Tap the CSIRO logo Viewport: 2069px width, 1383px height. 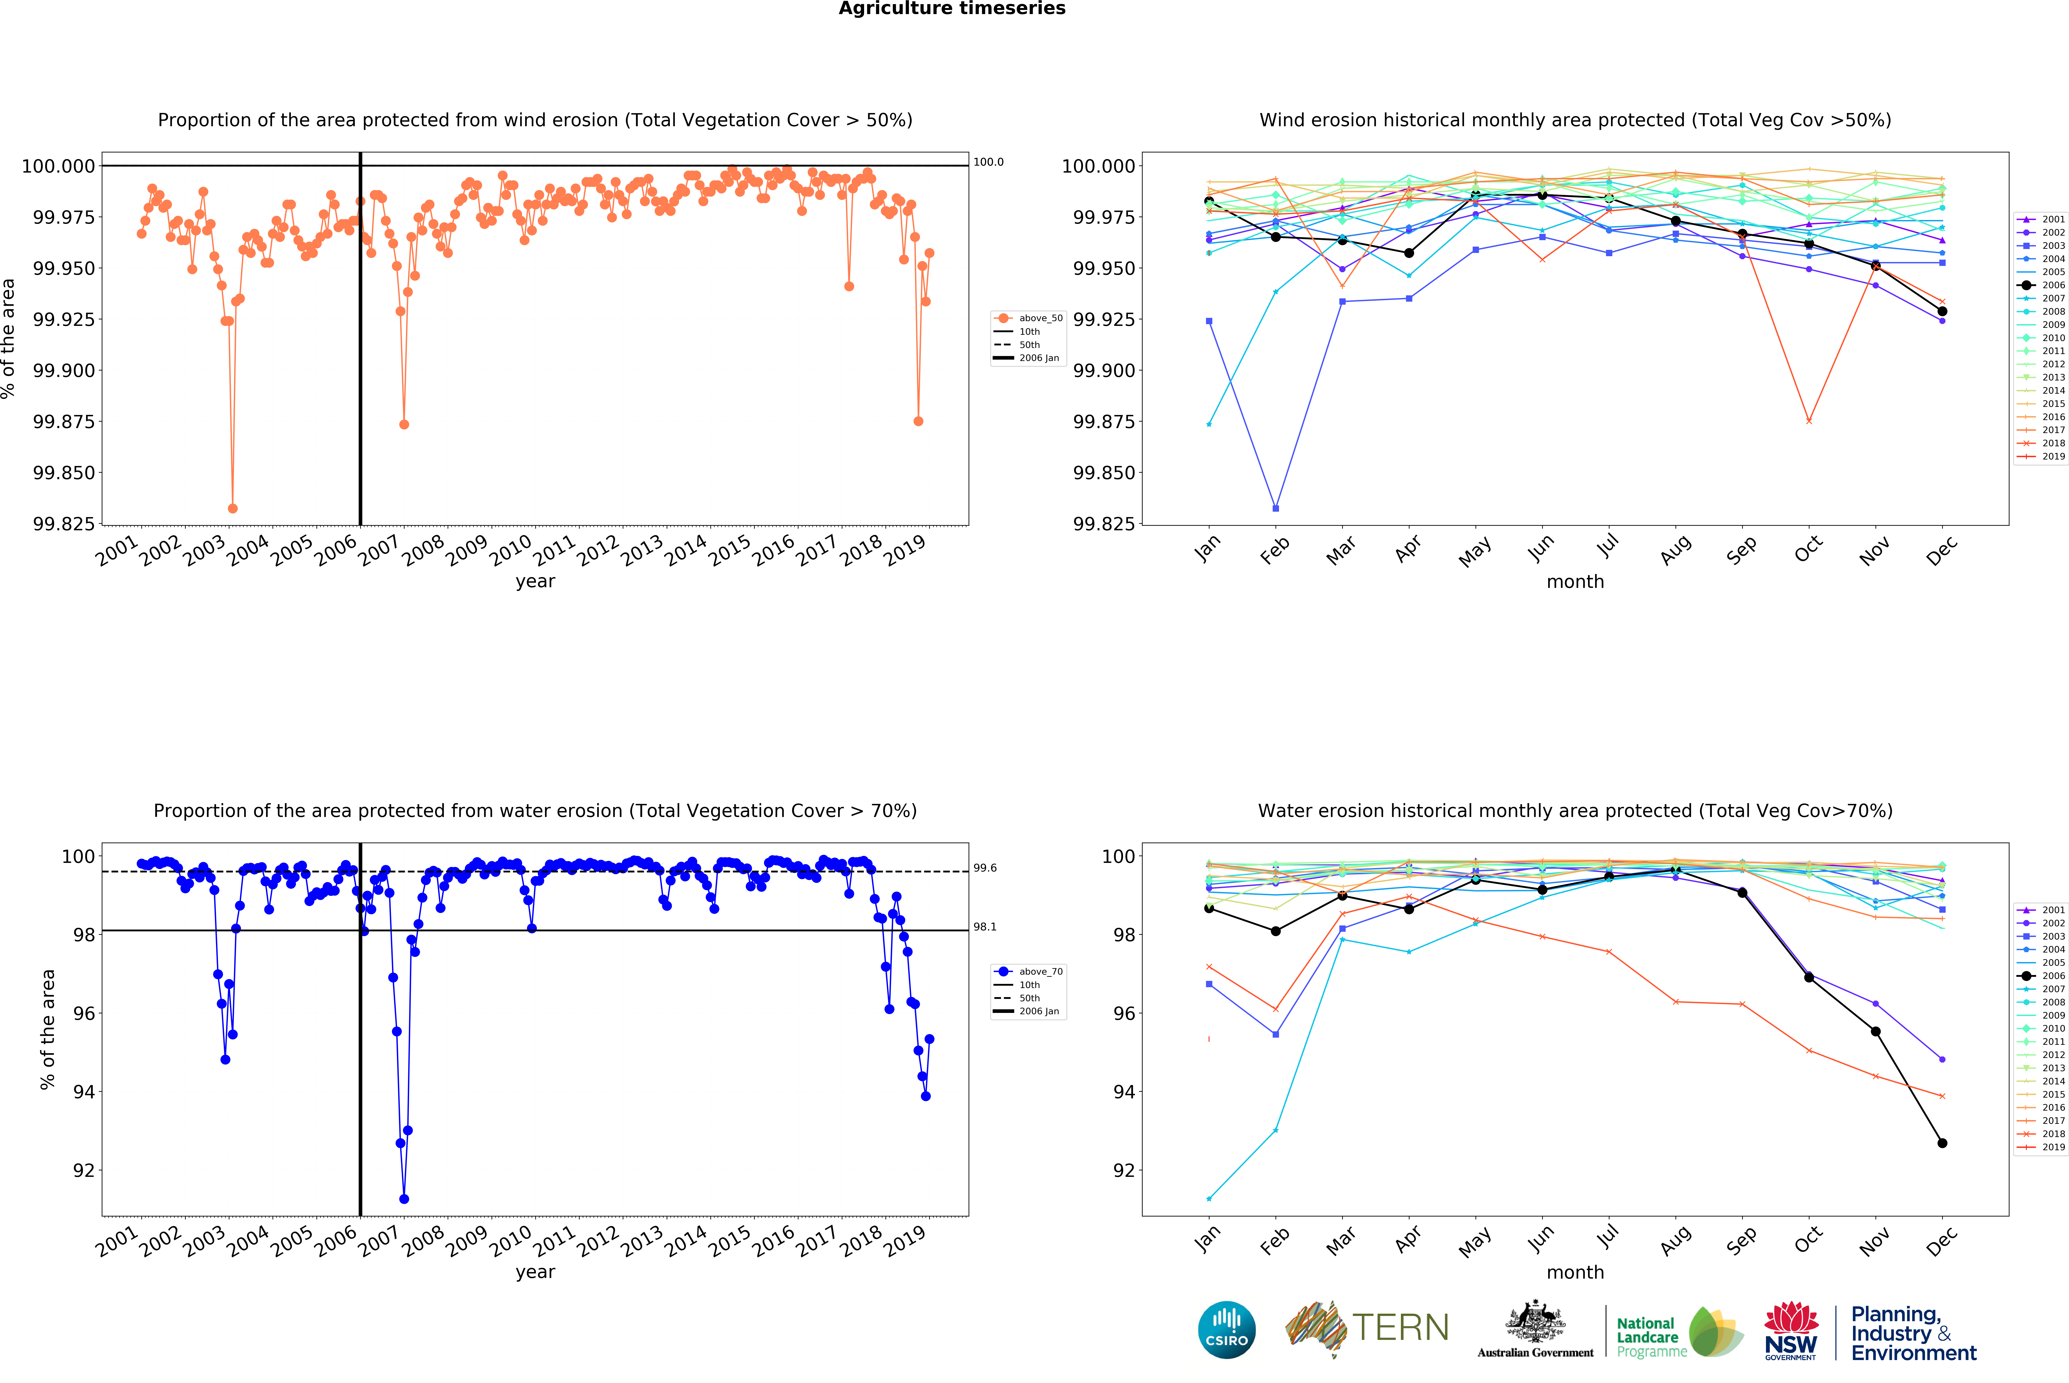pos(1226,1330)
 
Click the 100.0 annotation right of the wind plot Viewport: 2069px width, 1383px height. pos(988,162)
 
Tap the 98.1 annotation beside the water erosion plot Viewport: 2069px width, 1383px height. pos(985,927)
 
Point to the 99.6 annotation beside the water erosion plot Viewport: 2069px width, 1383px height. pos(985,869)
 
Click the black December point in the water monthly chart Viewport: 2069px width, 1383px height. pos(1942,1143)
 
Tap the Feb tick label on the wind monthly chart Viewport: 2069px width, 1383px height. pos(1275,550)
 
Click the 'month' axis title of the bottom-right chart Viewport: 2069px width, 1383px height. pos(1575,1273)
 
